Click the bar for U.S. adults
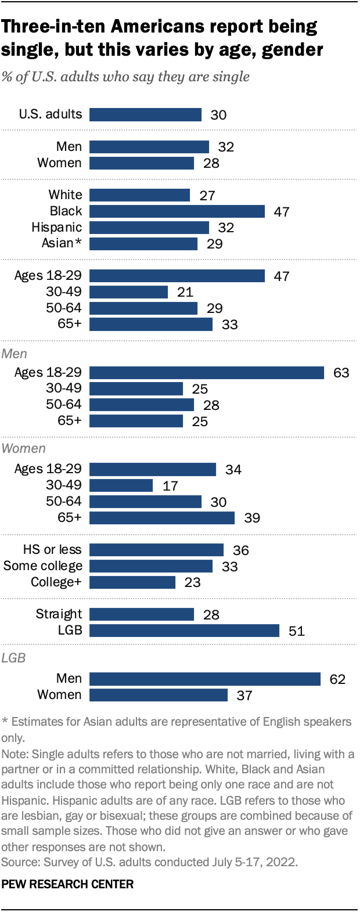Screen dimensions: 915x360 click(145, 114)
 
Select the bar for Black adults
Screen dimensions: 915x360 click(177, 211)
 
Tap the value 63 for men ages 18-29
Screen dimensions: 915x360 click(341, 373)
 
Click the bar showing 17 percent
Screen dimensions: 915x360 click(121, 485)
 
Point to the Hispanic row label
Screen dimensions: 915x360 click(56, 228)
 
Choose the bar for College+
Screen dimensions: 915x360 click(132, 582)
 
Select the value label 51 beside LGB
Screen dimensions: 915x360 click(296, 631)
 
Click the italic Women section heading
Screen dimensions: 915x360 click(24, 449)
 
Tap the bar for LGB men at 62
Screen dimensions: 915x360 click(205, 679)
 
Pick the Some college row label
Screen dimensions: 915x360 click(43, 566)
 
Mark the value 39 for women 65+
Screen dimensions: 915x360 click(252, 518)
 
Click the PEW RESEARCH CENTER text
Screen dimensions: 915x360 click(67, 884)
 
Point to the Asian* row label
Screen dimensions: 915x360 click(62, 243)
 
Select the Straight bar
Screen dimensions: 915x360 click(142, 614)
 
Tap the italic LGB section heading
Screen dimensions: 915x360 click(13, 658)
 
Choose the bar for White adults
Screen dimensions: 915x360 click(140, 195)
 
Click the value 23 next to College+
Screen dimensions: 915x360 click(192, 582)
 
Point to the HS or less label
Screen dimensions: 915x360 click(52, 550)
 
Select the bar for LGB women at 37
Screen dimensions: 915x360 click(159, 695)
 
